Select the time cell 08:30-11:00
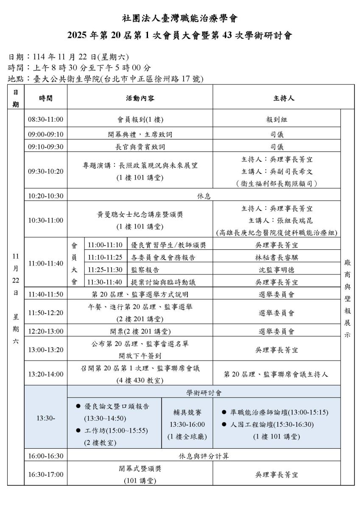[x=45, y=120]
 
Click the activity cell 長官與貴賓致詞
[x=140, y=146]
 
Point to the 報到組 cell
[x=276, y=120]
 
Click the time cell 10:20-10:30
[x=45, y=196]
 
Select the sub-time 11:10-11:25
[x=105, y=257]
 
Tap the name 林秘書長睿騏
[x=276, y=257]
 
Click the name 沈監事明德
[x=276, y=270]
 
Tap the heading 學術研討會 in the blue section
[x=204, y=393]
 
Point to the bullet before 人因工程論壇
[x=224, y=424]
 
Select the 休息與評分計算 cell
[x=204, y=456]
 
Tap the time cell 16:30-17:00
[x=45, y=475]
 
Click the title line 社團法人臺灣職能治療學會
[x=180, y=19]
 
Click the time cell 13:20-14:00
[x=45, y=374]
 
